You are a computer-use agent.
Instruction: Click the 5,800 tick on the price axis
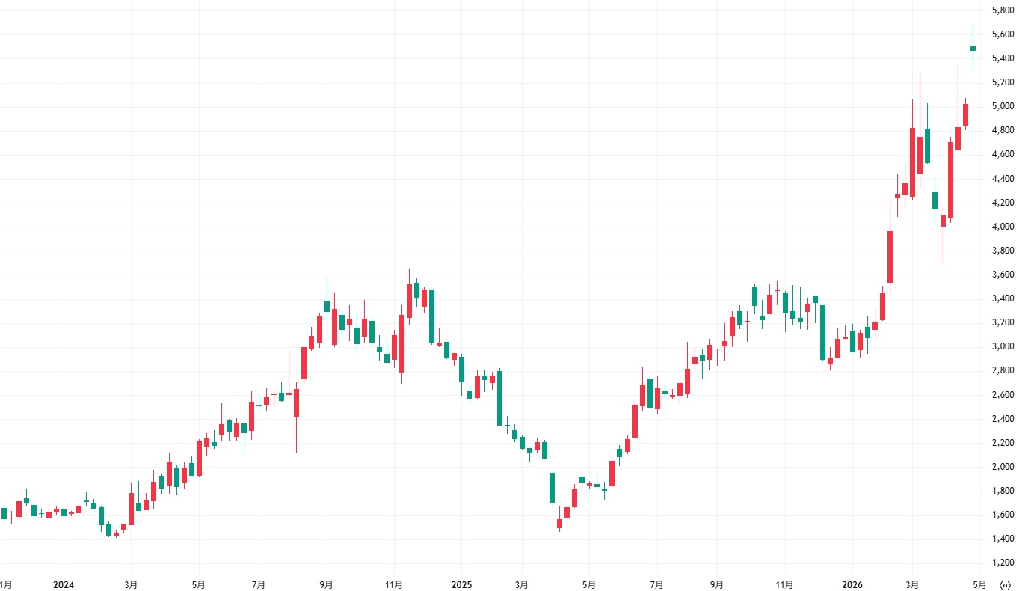pos(1002,10)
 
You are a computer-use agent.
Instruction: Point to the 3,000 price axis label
pos(1002,346)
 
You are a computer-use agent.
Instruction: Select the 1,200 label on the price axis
pos(1002,563)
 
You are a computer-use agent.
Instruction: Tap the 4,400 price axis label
pos(1002,179)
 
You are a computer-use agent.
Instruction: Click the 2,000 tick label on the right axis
pos(1002,467)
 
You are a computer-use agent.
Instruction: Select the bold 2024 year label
pos(64,584)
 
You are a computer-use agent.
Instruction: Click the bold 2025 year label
pos(461,584)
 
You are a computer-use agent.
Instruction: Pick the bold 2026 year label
pos(852,584)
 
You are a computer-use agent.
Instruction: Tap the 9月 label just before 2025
pos(327,584)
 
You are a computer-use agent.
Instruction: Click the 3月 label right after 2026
pos(912,584)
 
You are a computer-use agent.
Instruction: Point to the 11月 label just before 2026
pos(785,584)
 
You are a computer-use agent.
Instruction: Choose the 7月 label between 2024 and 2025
pos(259,584)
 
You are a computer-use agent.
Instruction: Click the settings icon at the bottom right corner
pos(1004,584)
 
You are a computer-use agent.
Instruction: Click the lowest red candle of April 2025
pos(559,524)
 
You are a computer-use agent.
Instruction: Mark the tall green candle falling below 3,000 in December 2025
pos(822,332)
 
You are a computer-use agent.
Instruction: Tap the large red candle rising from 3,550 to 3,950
pos(890,257)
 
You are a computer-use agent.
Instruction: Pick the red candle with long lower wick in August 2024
pos(297,403)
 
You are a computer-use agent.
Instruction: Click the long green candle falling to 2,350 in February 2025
pos(499,398)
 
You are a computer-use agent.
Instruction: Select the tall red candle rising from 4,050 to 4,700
pos(950,180)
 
